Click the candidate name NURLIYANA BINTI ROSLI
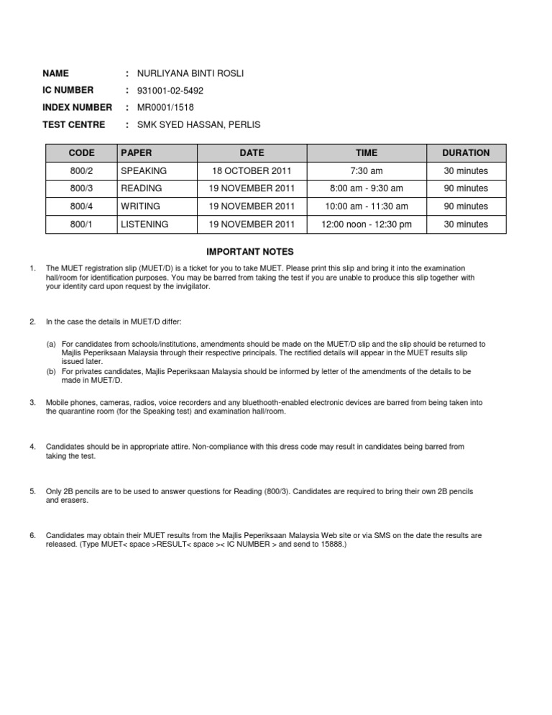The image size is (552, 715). [x=185, y=73]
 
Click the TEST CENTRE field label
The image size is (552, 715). [x=73, y=125]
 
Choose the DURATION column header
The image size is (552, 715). [x=466, y=153]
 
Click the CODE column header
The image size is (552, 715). [x=81, y=153]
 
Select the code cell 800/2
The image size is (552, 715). [x=81, y=171]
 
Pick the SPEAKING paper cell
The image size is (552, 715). [x=144, y=171]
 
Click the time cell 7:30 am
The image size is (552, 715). [x=366, y=171]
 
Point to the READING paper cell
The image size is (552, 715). [x=142, y=188]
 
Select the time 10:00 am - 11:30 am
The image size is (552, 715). [x=366, y=206]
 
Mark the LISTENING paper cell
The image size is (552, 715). [x=144, y=224]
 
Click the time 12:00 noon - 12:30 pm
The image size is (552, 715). [x=366, y=224]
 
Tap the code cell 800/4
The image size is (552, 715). [x=81, y=206]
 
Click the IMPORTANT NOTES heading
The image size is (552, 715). [x=250, y=252]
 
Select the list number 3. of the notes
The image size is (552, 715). [x=32, y=402]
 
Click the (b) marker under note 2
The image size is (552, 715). [x=51, y=371]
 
